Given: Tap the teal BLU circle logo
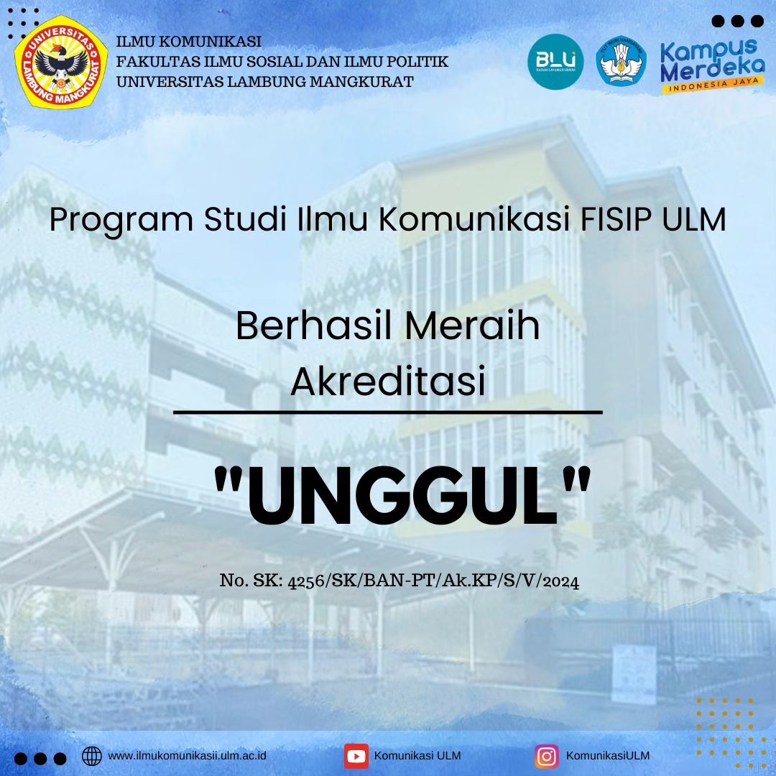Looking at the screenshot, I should point(555,63).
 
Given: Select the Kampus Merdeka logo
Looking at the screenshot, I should point(712,65).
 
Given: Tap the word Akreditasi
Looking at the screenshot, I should point(388,382).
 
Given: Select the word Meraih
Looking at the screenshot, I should point(472,327).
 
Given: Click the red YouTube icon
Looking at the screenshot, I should point(356,756).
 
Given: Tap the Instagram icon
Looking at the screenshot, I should point(546,756).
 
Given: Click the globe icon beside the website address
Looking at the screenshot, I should point(92,756).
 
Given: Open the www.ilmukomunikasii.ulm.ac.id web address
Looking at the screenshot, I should point(187,756).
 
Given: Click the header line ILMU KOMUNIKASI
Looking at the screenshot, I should point(189,42).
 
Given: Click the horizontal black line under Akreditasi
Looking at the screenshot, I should point(388,412).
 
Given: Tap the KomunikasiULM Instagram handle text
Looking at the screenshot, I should point(608,756).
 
